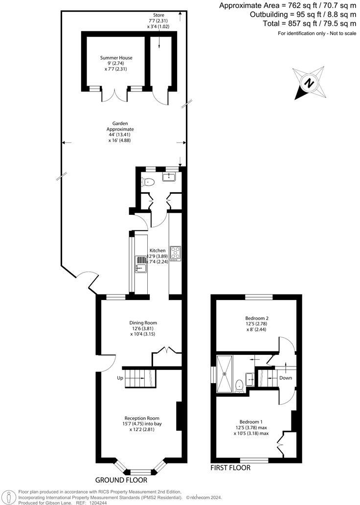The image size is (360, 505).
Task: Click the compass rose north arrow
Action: coord(309,83)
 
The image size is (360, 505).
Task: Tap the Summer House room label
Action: coord(116,58)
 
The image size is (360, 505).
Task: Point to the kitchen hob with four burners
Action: coord(175,253)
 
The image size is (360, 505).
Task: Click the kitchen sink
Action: coord(140,268)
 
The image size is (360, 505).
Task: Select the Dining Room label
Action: coord(143,323)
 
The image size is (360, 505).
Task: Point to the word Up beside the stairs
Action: coord(119,378)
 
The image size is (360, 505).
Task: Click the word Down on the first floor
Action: coord(285,378)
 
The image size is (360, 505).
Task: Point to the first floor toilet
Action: coord(239,386)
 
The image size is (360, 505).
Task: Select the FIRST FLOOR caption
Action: coord(230,468)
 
